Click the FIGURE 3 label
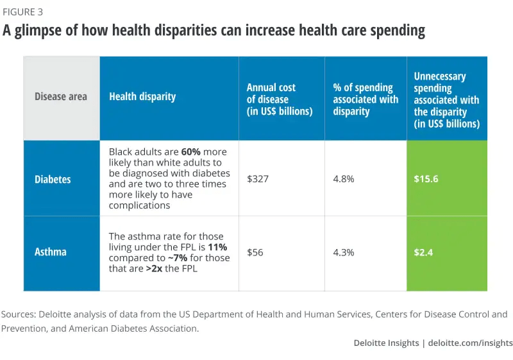point(24,12)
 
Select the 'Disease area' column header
point(61,97)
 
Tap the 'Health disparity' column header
point(142,97)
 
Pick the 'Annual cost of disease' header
point(280,99)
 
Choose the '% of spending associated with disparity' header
point(366,99)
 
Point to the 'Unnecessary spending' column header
point(446,99)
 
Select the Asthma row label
point(51,252)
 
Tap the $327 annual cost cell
point(258,179)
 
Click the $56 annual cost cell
point(256,252)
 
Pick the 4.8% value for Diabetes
point(344,179)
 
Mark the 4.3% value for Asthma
point(344,252)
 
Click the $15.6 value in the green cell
point(426,179)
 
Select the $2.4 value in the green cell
point(423,252)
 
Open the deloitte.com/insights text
point(471,343)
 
